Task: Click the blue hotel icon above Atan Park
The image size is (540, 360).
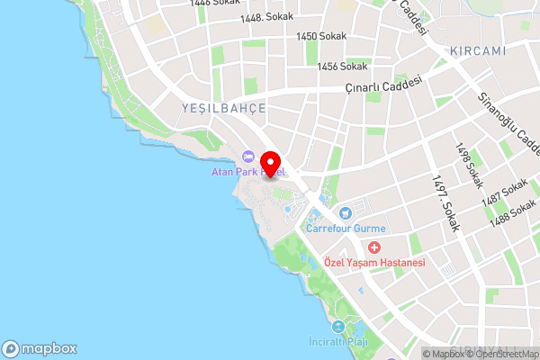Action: (x=248, y=157)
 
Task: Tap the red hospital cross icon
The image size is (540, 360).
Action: (x=373, y=247)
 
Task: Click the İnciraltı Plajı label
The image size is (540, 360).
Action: (x=338, y=342)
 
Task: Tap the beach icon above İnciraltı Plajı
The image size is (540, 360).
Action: (x=338, y=327)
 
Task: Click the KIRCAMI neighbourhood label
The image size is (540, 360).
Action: (x=479, y=50)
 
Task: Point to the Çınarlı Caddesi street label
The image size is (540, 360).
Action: (x=384, y=85)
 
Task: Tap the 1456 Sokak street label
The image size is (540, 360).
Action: (x=342, y=66)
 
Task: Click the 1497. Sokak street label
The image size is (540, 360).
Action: (x=445, y=204)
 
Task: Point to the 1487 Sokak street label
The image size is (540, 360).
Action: (x=504, y=192)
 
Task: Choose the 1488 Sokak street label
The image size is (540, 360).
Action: (x=510, y=216)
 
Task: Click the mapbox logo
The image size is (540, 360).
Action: (x=39, y=348)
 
